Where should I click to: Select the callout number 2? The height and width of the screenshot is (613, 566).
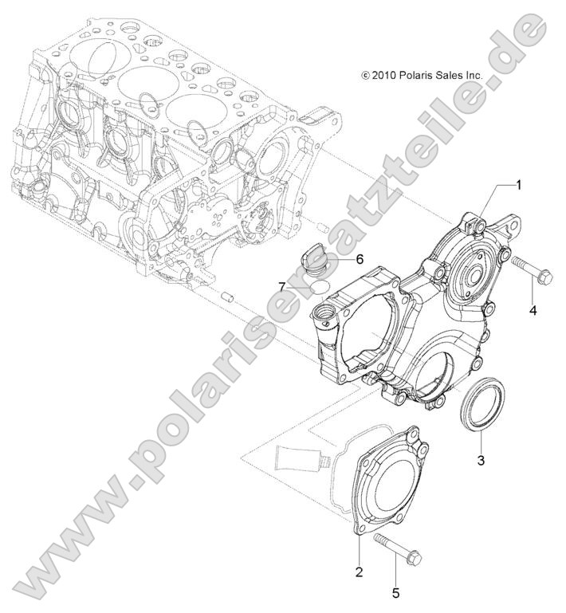[x=360, y=572]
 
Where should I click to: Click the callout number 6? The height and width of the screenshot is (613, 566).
[x=359, y=259]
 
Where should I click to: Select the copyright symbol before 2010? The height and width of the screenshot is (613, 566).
[x=366, y=75]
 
